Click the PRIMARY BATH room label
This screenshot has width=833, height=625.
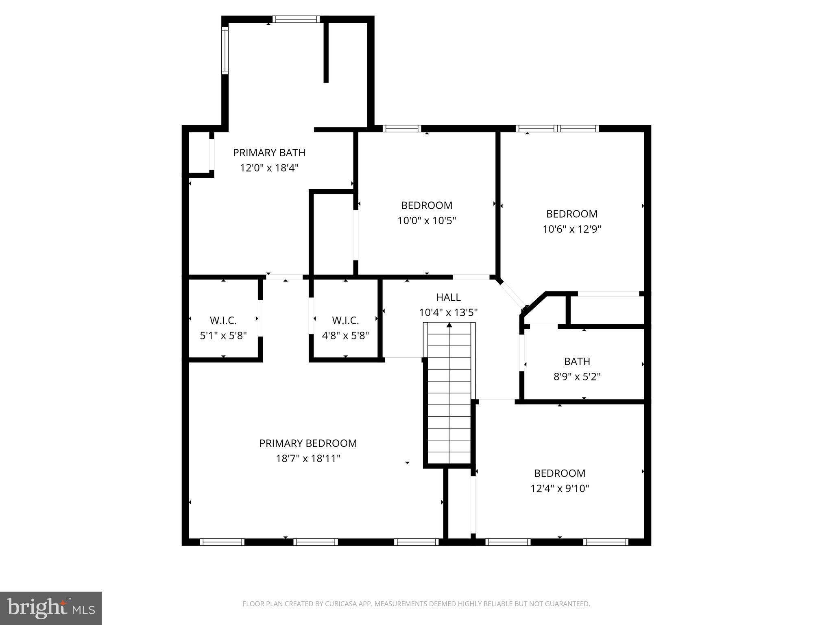point(269,153)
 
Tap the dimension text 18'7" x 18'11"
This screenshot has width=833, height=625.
point(308,459)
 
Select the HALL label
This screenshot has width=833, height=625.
point(448,297)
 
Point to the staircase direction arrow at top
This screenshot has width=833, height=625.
point(449,325)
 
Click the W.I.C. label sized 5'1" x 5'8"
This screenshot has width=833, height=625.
point(223,321)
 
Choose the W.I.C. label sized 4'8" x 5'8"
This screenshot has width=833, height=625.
point(345,321)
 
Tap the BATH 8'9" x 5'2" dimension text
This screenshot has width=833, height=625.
point(577,377)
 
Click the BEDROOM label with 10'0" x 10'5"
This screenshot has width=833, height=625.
point(427,205)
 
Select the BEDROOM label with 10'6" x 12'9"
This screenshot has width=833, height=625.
point(571,214)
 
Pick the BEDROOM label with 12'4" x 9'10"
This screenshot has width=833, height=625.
point(560,473)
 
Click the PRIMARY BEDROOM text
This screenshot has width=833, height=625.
point(308,443)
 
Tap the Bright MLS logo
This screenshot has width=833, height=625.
point(51,608)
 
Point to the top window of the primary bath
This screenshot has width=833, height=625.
point(296,19)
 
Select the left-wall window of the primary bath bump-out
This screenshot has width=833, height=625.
point(225,50)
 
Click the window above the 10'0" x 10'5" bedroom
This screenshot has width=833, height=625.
point(402,129)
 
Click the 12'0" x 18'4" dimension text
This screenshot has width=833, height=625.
point(269,168)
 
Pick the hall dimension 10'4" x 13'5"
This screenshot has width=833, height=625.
point(448,312)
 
